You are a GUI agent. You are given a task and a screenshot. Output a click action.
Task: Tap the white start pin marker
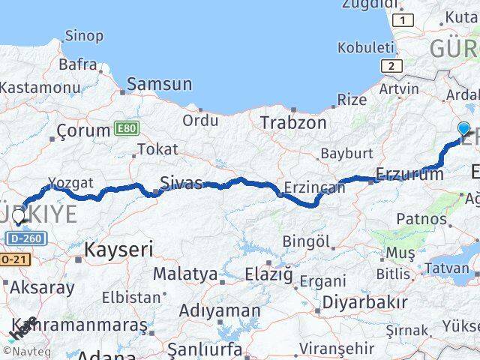18,217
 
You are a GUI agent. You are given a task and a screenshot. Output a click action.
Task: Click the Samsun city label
159,84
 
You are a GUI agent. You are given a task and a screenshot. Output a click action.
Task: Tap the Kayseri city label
119,249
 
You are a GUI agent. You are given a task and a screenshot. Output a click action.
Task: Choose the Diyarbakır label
364,303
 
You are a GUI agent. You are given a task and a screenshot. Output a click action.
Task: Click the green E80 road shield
127,129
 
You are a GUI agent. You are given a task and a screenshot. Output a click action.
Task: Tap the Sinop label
84,35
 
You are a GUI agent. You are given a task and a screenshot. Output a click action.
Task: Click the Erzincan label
315,187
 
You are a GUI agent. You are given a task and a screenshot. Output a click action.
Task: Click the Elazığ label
268,274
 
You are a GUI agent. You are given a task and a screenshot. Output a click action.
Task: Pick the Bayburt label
346,153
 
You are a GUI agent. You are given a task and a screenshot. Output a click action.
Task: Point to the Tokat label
157,149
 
